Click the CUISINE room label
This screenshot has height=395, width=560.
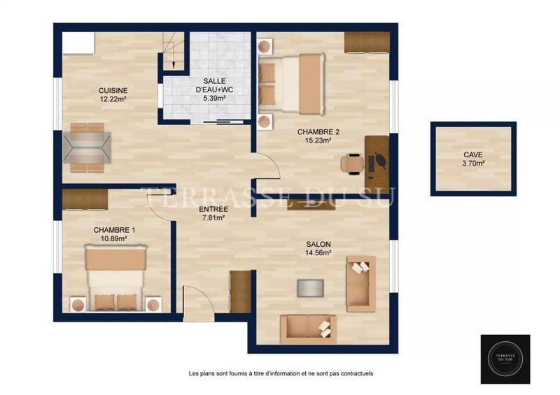(x=112, y=90)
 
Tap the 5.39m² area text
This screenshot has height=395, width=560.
(x=214, y=99)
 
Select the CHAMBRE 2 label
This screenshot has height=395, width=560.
(x=318, y=131)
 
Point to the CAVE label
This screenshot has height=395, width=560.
(x=473, y=155)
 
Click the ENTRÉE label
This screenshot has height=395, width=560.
(x=213, y=209)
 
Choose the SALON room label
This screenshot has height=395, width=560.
(x=318, y=245)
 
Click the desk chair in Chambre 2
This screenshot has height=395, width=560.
(x=351, y=163)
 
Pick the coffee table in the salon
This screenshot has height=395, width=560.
(x=311, y=289)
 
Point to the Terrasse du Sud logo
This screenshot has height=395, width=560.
(x=505, y=359)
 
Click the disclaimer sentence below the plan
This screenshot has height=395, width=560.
(x=281, y=373)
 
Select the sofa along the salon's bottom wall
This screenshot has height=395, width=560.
(x=308, y=329)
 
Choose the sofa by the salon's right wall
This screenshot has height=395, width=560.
(x=361, y=283)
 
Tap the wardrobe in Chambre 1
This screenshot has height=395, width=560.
(x=85, y=199)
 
